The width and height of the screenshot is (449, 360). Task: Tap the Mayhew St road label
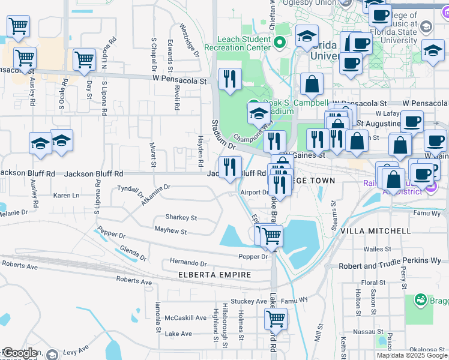coord(171,229)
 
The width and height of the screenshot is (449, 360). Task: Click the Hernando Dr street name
coord(188,263)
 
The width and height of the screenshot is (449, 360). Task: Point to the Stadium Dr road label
coord(221,136)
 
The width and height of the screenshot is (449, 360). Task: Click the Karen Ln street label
coord(66,196)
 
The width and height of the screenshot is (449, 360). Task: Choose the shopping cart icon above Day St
coord(85,59)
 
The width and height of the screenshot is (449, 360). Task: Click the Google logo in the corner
coord(19,353)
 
